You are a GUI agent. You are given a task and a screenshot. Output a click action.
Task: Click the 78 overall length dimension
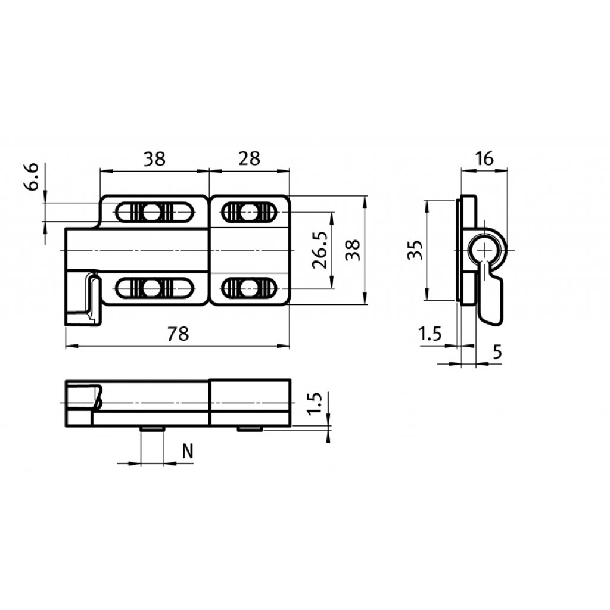177,334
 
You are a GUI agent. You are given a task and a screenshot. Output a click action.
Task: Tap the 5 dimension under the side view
497,352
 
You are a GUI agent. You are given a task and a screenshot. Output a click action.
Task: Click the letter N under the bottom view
187,452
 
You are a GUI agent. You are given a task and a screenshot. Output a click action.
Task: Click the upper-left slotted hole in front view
152,211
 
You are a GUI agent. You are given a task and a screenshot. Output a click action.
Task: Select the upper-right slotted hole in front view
249,211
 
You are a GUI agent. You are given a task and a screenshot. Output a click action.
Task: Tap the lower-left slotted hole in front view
152,289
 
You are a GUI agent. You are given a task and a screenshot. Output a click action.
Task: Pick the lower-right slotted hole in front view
249,289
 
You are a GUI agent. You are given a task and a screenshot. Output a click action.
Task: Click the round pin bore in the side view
486,249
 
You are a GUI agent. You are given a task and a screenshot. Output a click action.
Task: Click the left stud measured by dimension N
152,428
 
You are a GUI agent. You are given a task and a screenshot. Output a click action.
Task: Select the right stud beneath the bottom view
250,428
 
